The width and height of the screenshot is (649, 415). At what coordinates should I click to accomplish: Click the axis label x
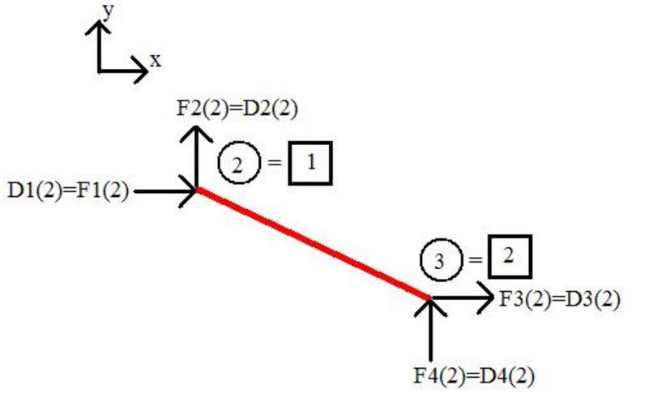pos(155,60)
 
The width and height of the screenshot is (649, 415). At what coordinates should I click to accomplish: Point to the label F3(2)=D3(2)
pos(559,299)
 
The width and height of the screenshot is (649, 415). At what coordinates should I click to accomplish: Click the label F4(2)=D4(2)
pos(474,375)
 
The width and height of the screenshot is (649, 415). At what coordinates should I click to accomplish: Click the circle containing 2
pos(237,165)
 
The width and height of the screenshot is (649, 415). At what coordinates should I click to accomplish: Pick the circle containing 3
pos(439,260)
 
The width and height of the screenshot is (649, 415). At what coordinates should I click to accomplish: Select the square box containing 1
pos(310,165)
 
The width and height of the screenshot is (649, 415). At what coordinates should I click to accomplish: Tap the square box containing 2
pos(509,256)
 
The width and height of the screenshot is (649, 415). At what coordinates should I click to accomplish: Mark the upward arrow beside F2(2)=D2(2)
pos(195,154)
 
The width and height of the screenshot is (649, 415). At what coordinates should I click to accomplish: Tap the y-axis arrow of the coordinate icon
pos(99,45)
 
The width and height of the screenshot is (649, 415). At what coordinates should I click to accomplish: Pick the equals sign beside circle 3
pos(473,260)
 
